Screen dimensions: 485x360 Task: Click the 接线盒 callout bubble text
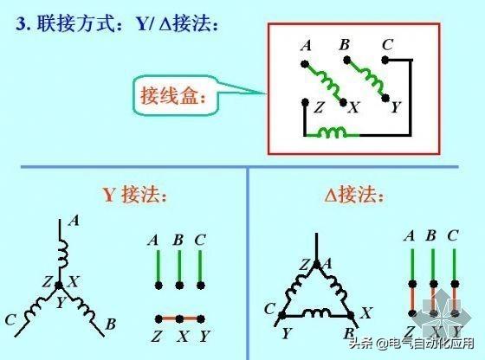173,96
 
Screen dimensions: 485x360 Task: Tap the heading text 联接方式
77,23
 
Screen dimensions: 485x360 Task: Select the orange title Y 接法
134,195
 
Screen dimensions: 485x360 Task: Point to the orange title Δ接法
354,195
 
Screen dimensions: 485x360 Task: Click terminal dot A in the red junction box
305,64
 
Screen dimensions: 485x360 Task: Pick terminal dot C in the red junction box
385,60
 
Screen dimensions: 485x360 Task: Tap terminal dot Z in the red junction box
305,101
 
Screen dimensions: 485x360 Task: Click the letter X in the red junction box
354,107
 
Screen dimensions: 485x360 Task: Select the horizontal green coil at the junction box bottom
333,132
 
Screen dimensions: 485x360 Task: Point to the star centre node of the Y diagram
59,286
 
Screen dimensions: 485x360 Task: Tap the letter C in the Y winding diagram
10,319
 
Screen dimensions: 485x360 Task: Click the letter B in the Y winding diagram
111,325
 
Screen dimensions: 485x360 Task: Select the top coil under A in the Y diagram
62,254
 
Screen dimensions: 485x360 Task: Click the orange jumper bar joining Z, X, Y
180,318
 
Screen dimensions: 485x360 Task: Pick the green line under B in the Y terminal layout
180,267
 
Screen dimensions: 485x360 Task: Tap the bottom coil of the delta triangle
316,313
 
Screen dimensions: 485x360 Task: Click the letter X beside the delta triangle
365,312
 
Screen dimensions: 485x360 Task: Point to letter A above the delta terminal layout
410,235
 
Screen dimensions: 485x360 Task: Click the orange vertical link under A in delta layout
412,299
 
